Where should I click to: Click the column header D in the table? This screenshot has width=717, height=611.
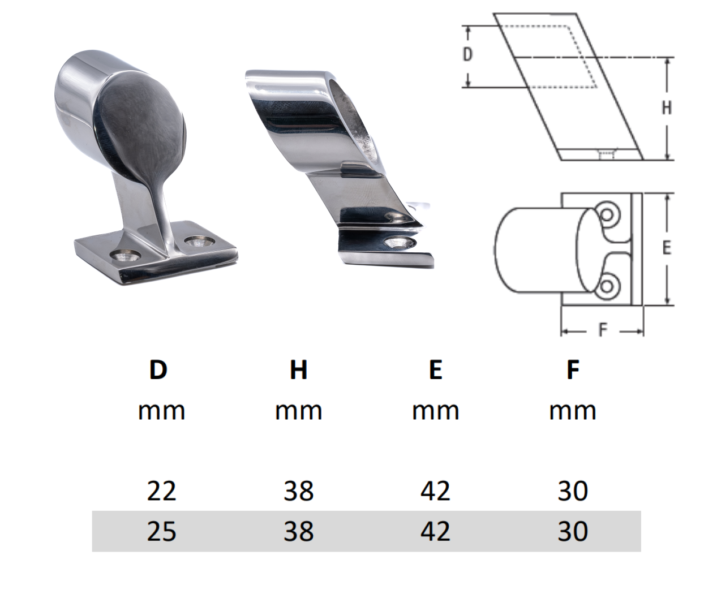158,370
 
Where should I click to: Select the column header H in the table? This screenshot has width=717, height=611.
298,370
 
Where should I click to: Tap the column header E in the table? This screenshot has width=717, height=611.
435,370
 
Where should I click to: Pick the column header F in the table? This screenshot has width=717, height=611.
573,370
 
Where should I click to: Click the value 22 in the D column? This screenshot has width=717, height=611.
161,490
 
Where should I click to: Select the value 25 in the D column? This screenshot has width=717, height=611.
161,531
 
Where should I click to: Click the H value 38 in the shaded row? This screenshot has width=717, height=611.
298,531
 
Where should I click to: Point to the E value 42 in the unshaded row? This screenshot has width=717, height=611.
435,490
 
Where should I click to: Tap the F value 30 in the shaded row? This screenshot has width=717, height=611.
573,531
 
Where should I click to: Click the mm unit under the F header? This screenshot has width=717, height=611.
573,411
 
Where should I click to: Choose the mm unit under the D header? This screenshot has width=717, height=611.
161,411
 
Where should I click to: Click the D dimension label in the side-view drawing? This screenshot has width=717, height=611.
467,54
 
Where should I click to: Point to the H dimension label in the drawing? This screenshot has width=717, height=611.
667,107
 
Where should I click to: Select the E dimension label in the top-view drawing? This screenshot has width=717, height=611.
667,248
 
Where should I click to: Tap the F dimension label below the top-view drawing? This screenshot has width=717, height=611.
603,330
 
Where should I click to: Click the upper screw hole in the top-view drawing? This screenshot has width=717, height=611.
607,215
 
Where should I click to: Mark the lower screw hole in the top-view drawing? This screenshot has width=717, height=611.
607,285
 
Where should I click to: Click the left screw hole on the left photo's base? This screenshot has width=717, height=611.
126,256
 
